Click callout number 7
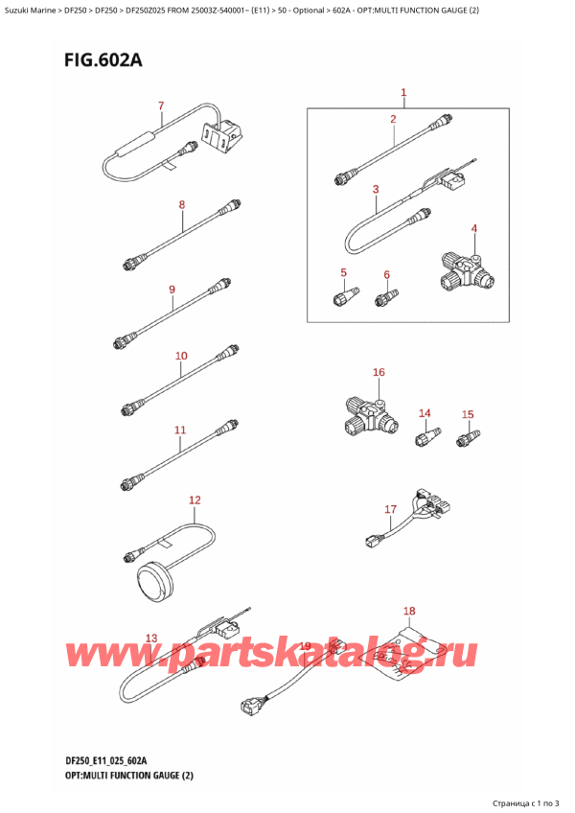click(161, 105)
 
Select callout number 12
click(195, 499)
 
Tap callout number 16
click(379, 372)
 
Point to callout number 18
click(409, 611)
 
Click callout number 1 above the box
click(403, 93)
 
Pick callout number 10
click(181, 357)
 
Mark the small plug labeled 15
click(470, 439)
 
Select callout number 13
click(150, 639)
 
